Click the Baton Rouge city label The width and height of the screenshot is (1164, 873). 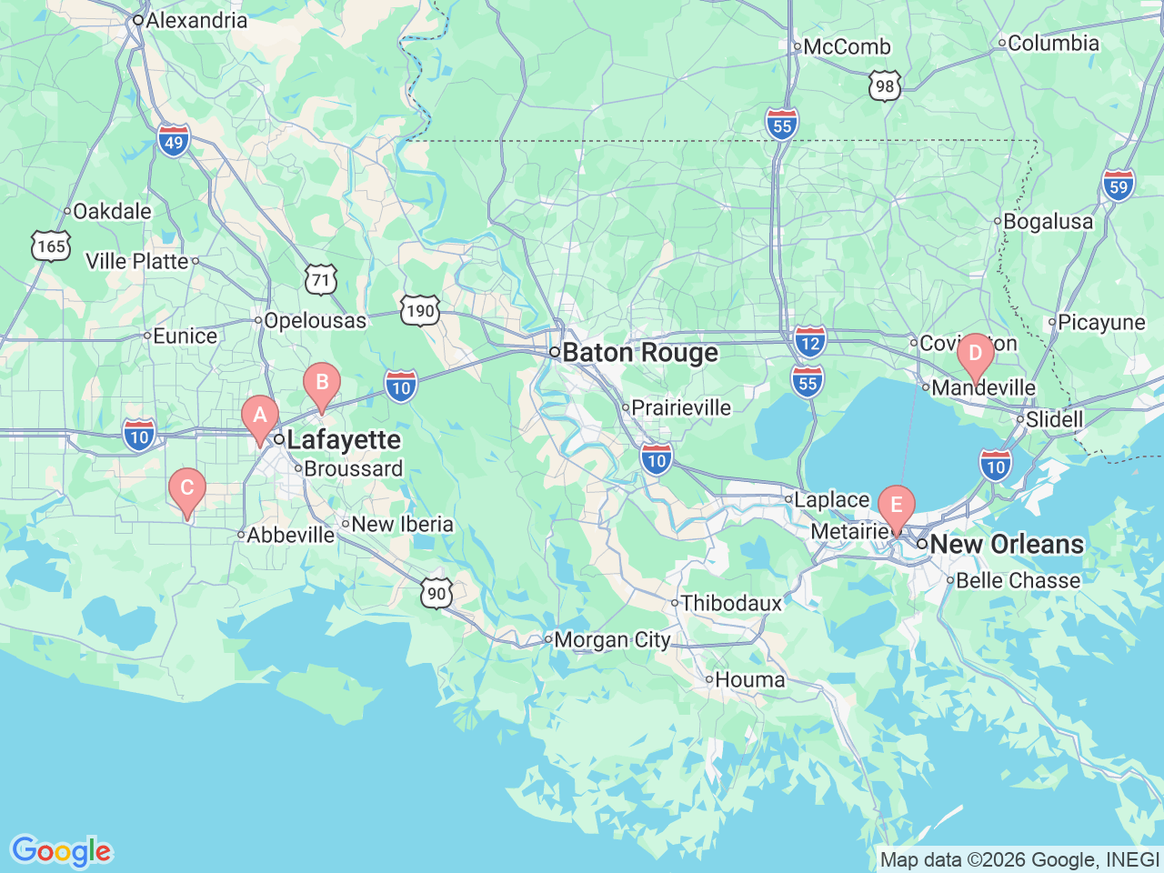(x=640, y=353)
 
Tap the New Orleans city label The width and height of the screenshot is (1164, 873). (x=1007, y=544)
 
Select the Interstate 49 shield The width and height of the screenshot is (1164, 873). (x=174, y=142)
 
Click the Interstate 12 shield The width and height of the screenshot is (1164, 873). (x=809, y=343)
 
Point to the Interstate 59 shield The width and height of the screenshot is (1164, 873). (x=1119, y=186)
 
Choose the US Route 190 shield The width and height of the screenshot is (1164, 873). (x=420, y=311)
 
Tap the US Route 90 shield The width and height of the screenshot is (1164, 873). (x=437, y=593)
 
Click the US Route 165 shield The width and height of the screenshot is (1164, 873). (x=51, y=246)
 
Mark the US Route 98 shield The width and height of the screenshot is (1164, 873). (x=885, y=86)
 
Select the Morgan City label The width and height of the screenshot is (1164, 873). (x=611, y=640)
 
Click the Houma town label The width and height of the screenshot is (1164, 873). (x=749, y=679)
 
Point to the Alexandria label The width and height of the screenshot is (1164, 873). (x=196, y=20)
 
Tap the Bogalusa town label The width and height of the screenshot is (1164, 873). (x=1048, y=222)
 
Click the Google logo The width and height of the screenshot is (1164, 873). (x=60, y=852)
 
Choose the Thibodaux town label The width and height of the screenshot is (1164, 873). (x=731, y=603)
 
